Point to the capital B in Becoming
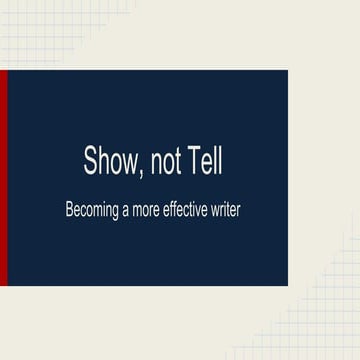click(69, 210)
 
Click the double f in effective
click(186, 210)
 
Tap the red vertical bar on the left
click(3, 178)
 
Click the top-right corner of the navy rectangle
click(286, 71)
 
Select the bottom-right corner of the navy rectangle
click(286, 285)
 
